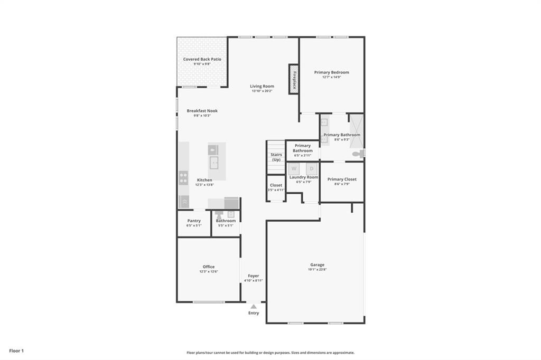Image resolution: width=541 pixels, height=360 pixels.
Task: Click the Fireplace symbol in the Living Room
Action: click(293, 79)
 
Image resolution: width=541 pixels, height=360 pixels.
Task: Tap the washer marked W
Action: click(294, 169)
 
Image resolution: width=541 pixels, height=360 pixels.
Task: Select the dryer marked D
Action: click(312, 169)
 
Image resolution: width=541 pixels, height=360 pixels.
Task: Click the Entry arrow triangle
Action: click(254, 306)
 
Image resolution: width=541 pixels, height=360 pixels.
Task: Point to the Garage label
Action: click(317, 265)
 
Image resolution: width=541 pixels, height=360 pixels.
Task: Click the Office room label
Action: click(209, 267)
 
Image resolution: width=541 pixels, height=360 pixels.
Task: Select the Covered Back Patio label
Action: click(202, 59)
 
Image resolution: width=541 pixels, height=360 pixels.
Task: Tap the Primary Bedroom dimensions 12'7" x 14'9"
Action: click(332, 77)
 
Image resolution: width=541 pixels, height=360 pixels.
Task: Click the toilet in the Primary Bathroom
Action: click(359, 154)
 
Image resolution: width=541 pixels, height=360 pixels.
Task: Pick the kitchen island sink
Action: click(214, 162)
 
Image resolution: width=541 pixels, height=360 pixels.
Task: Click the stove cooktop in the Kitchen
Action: click(183, 178)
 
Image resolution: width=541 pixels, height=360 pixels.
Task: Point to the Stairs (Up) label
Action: click(276, 157)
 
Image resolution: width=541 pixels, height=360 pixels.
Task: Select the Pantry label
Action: click(194, 221)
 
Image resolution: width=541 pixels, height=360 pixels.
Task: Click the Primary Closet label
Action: click(342, 179)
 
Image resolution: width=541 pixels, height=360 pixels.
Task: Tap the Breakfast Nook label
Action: click(202, 111)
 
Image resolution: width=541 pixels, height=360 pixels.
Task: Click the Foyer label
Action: click(254, 276)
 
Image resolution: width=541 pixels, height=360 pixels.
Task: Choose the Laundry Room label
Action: click(304, 177)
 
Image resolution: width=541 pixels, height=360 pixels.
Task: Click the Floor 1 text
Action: click(16, 350)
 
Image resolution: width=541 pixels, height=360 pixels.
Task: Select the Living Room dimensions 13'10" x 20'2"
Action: click(262, 91)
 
